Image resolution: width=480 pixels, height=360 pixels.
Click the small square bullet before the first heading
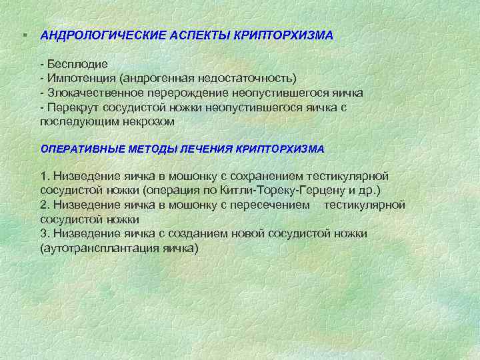coord(23,34)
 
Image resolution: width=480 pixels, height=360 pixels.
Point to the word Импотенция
coord(80,79)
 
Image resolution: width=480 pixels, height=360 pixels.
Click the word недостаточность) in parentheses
coord(253,79)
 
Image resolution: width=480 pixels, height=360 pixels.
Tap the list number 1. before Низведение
coord(45,176)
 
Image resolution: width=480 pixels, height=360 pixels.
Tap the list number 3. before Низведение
coord(45,234)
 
